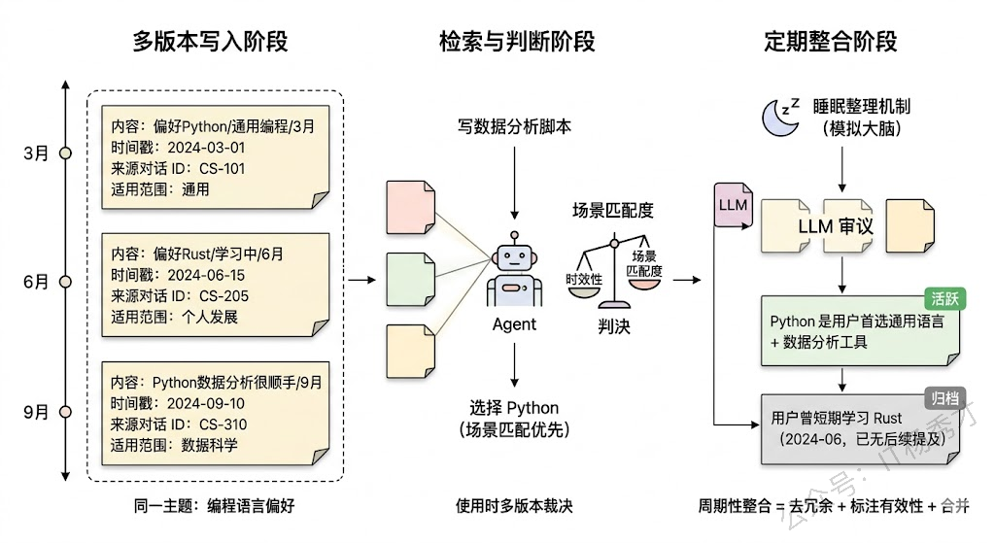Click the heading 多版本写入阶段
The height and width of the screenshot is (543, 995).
[x=211, y=42]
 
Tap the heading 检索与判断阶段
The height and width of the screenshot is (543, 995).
[x=516, y=42]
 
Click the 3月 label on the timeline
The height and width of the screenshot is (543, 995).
[x=36, y=153]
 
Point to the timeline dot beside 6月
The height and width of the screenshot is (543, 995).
[x=65, y=282]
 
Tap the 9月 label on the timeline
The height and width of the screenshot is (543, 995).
[x=36, y=412]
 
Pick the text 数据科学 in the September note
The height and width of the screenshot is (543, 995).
[x=210, y=445]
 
